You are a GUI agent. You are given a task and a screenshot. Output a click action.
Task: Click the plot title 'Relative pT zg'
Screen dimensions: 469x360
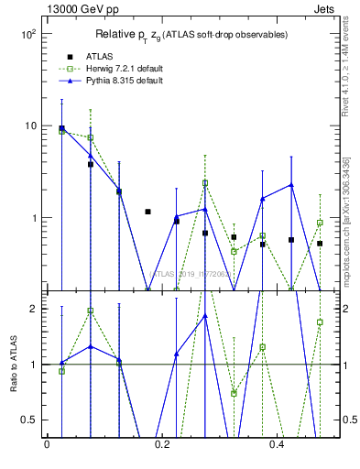pyautogui.click(x=191, y=34)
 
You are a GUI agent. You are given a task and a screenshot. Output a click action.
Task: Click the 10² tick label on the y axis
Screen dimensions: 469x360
pyautogui.click(x=27, y=34)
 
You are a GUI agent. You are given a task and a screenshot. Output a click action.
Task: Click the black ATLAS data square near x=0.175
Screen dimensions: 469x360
pyautogui.click(x=147, y=212)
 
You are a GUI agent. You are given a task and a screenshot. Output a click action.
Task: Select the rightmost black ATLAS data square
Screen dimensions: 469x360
pyautogui.click(x=320, y=244)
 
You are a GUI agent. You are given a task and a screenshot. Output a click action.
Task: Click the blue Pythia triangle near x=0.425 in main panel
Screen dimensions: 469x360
pyautogui.click(x=291, y=185)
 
